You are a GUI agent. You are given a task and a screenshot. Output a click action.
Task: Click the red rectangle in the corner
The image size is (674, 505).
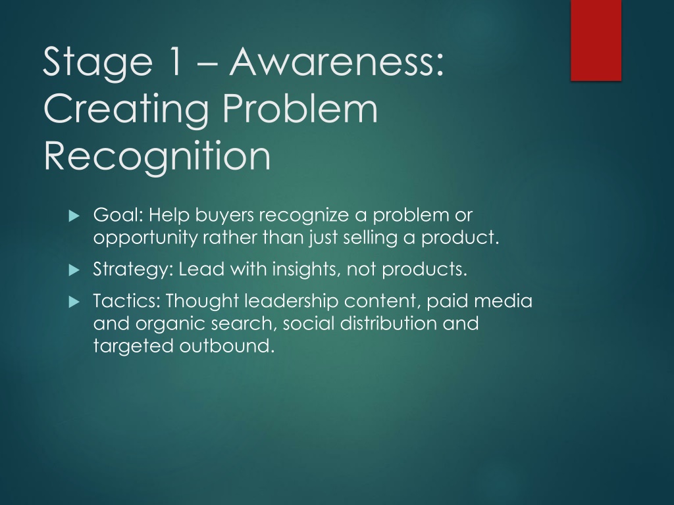(596, 40)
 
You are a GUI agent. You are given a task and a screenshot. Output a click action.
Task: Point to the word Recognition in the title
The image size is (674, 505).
(157, 156)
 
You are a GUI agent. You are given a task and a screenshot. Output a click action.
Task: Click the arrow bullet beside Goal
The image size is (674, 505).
(74, 216)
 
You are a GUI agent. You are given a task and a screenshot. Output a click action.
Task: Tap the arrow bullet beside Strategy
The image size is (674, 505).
(74, 270)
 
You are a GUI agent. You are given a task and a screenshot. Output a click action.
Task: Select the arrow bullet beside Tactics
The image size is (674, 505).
(74, 302)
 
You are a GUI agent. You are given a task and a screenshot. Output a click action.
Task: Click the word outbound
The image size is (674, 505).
(226, 346)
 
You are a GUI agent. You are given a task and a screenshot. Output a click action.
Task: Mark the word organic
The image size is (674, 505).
(170, 324)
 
